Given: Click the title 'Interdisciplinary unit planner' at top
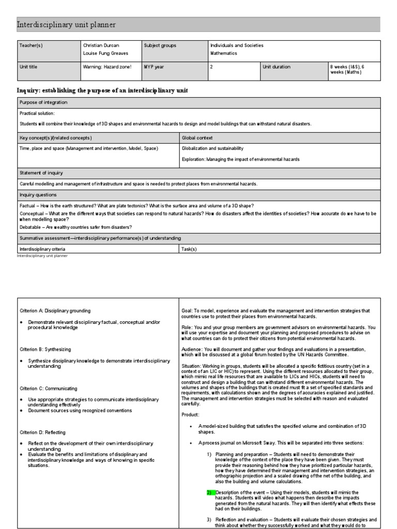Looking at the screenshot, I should pos(67,25).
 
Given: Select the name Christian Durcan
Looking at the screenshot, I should pos(101,45).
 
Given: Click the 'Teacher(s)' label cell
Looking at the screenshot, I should pos(31,45).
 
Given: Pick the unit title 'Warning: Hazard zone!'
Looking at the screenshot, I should pos(107,67).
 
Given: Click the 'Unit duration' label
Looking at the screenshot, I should pos(277,67).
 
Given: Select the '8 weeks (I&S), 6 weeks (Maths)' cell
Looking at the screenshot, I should pos(348,69).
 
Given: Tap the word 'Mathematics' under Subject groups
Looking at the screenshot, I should pos(223,53).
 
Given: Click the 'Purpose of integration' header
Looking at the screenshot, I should pos(43,102).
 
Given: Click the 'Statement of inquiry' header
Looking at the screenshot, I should pos(41,173).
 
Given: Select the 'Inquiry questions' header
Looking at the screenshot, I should pos(38,195).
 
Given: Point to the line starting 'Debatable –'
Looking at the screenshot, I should pos(75,227).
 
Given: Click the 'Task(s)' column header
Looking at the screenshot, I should pos(189,248).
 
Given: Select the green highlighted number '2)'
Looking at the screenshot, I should pos(209,492).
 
